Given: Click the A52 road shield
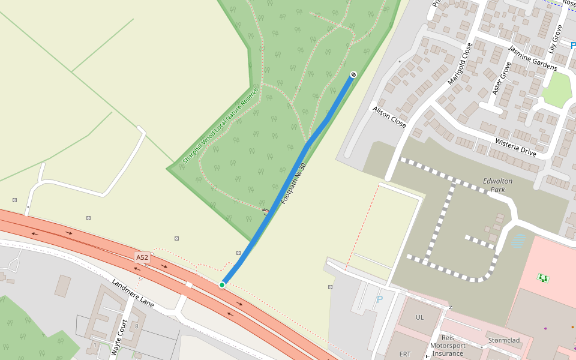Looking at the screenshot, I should pos(142,257).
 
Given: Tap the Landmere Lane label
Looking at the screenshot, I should pos(133,293).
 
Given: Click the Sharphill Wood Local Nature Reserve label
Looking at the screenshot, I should pos(220,125).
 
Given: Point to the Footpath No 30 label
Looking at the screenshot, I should pos(293,183).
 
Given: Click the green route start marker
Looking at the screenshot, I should pos(222,284).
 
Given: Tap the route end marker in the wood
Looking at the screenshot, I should pos(353,74).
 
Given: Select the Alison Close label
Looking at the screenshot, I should pos(389,117).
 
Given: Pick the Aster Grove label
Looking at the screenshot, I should pos(500,78).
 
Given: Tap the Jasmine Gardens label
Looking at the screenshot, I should pos(532,58).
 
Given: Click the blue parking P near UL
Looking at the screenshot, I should pos(379,299).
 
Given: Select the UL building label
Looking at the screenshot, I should pos(419,317).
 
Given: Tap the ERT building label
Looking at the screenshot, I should pos(405,354).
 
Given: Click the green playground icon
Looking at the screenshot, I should pos(543,277).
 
